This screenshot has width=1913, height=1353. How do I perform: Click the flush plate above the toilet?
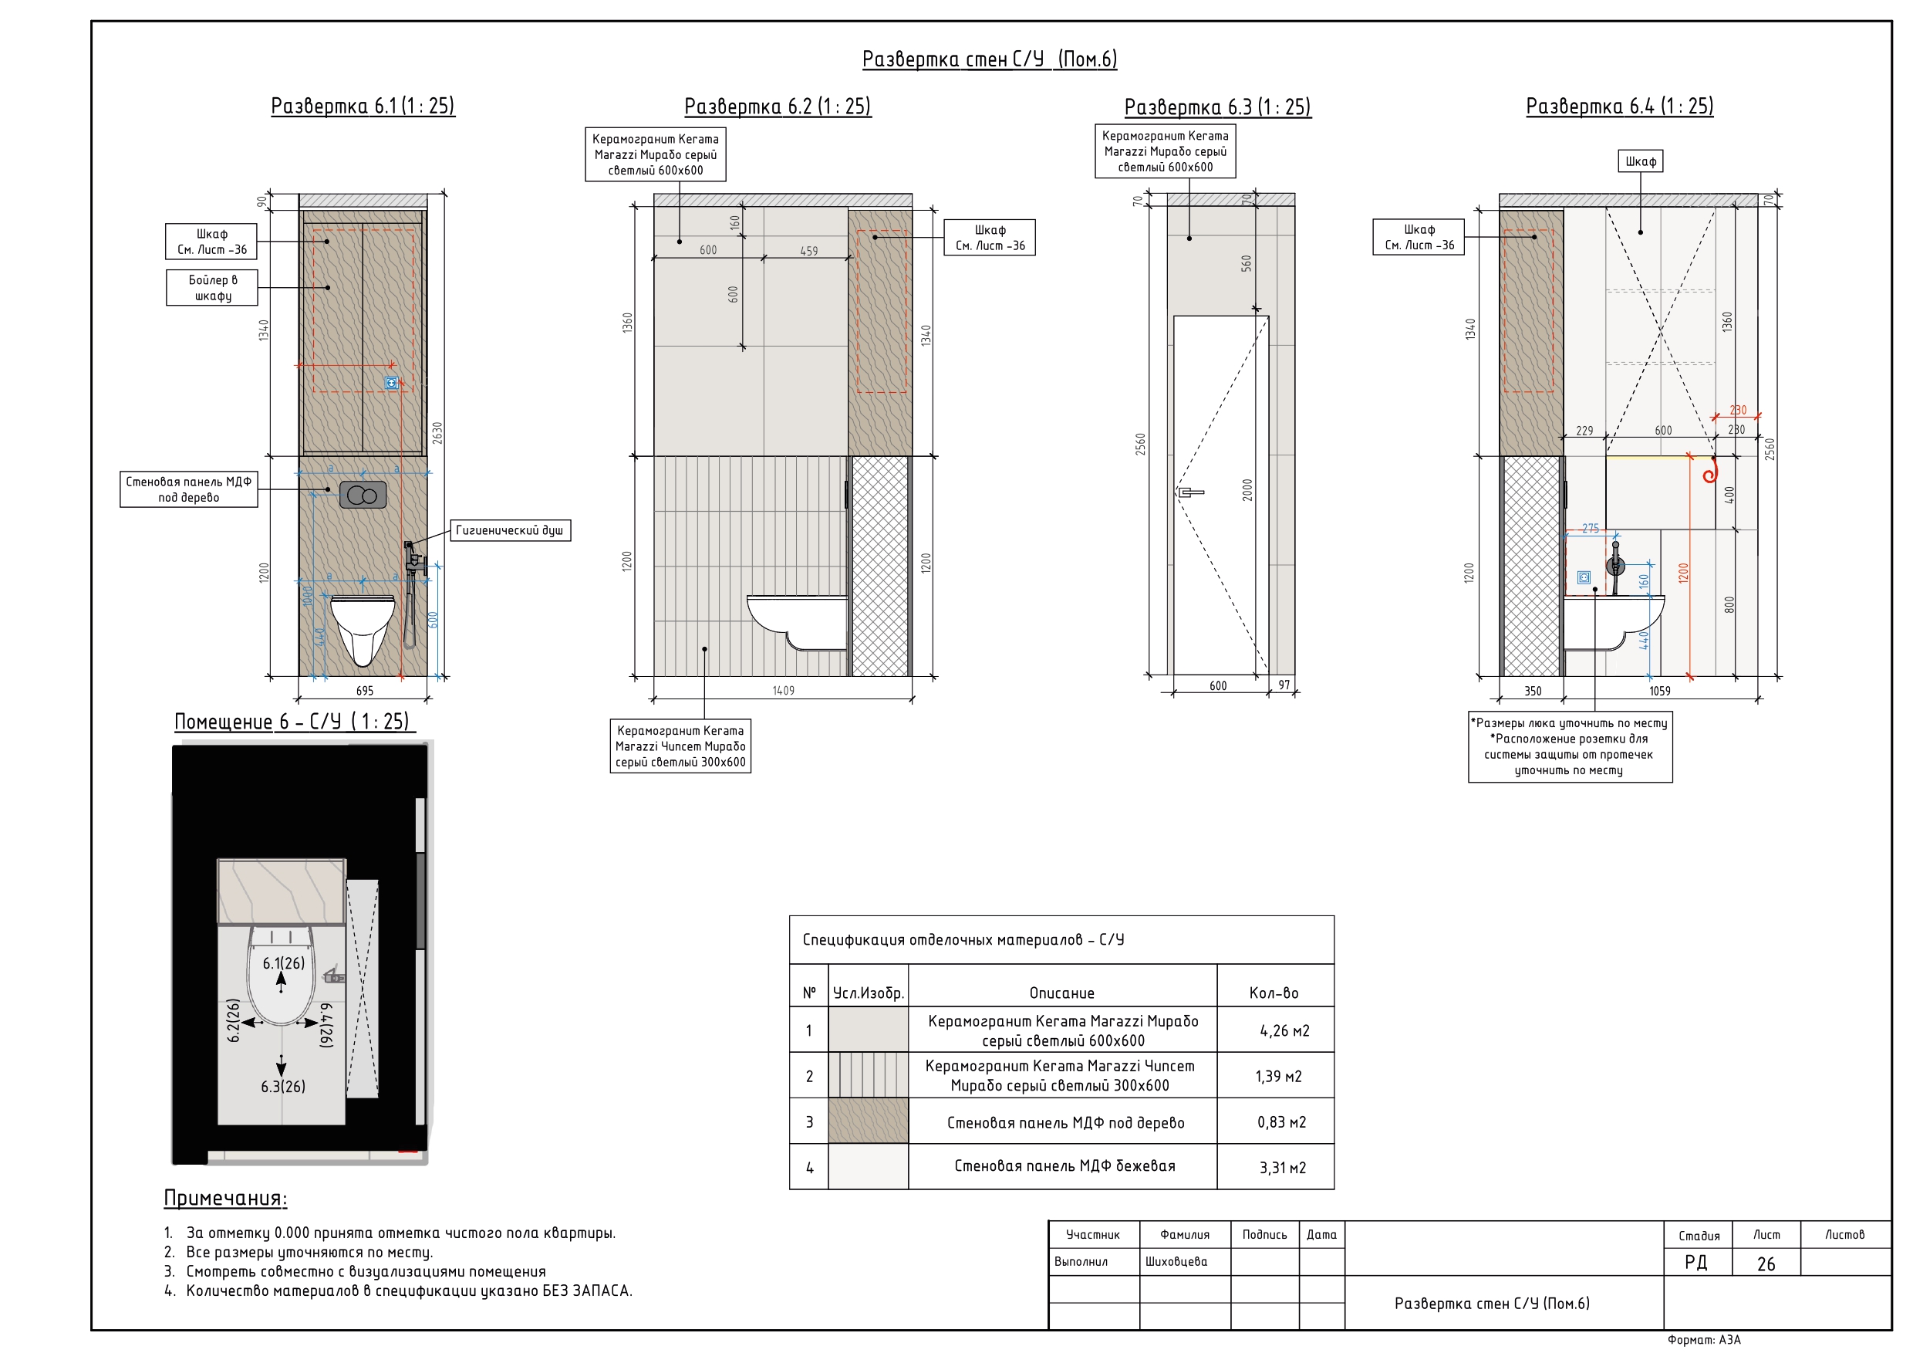coord(363,496)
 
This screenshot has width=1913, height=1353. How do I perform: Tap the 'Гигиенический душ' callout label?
coord(510,530)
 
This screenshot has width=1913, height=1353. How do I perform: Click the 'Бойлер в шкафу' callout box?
coord(211,288)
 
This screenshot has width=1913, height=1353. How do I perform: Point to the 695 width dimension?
coord(364,690)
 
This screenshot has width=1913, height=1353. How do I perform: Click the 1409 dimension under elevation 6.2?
coord(783,690)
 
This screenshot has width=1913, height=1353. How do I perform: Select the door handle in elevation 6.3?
coord(1189,492)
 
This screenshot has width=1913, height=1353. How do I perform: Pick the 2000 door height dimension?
coord(1247,489)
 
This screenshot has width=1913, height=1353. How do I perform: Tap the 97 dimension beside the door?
coord(1284,685)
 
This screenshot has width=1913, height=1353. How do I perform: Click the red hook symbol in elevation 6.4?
coord(1709,472)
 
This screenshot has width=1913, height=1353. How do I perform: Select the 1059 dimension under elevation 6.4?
coord(1660,690)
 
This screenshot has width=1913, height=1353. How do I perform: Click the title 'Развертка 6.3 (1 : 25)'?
coord(1217,107)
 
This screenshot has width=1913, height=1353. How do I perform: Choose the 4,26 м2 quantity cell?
coord(1284,1031)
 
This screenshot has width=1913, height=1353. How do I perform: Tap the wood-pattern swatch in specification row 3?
coord(869,1121)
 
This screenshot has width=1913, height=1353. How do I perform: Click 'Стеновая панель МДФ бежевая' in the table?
coord(1064,1165)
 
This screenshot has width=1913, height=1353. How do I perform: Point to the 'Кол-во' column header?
coord(1274,992)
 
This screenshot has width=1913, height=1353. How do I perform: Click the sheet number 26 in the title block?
coord(1766,1263)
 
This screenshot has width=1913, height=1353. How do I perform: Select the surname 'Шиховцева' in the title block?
coord(1176,1261)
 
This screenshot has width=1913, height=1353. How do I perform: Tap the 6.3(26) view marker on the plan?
coord(282,1086)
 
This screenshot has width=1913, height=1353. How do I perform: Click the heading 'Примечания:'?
coord(225,1198)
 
